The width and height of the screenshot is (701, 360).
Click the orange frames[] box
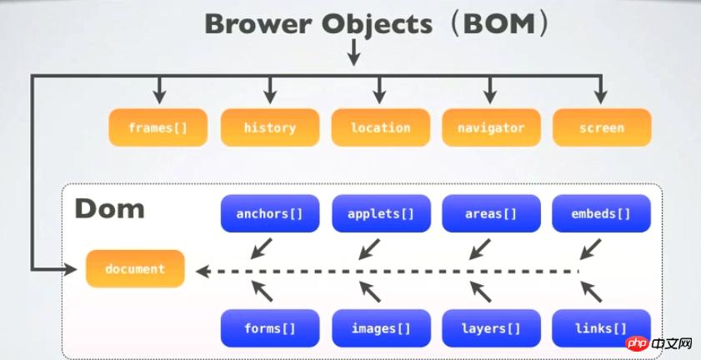tap(158, 127)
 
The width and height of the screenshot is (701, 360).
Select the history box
tap(270, 127)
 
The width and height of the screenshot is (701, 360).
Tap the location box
tap(380, 127)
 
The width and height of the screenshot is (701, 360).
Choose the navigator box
tap(491, 127)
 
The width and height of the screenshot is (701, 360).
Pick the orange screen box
tap(602, 127)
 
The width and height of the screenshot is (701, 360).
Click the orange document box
tap(135, 268)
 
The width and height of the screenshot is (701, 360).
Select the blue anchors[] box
tap(270, 213)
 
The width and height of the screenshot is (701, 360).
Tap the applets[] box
tap(381, 213)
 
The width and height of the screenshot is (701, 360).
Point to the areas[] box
tap(491, 213)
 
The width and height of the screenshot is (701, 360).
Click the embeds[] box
tap(601, 213)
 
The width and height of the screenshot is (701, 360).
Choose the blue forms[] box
tap(270, 328)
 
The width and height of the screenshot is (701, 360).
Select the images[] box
tap(381, 328)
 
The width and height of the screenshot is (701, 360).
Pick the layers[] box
tap(491, 328)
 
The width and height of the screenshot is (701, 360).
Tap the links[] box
tap(601, 328)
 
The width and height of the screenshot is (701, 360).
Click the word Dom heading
tap(109, 208)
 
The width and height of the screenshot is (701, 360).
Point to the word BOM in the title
tap(499, 24)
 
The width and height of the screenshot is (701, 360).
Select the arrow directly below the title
tap(354, 52)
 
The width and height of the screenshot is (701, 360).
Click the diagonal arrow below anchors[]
tap(261, 248)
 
